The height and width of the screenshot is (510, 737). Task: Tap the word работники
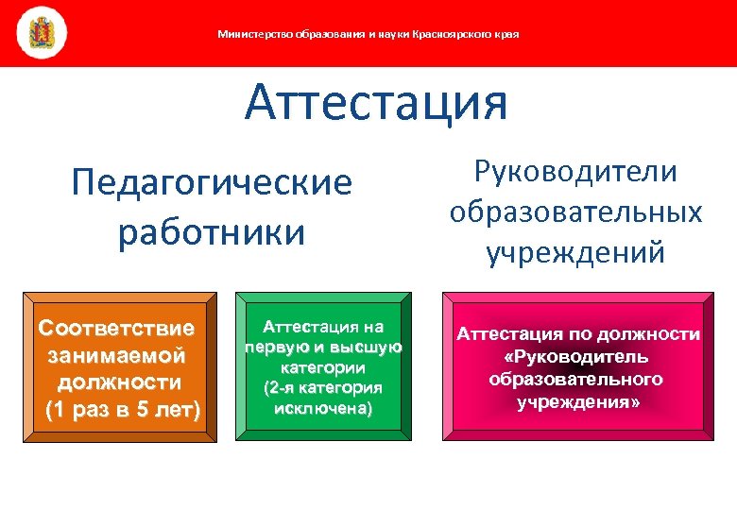(x=212, y=232)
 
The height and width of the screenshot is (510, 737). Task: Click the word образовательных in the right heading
(x=576, y=212)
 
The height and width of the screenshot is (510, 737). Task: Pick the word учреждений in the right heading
(x=576, y=252)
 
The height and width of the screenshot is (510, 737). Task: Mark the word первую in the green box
(x=270, y=348)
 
